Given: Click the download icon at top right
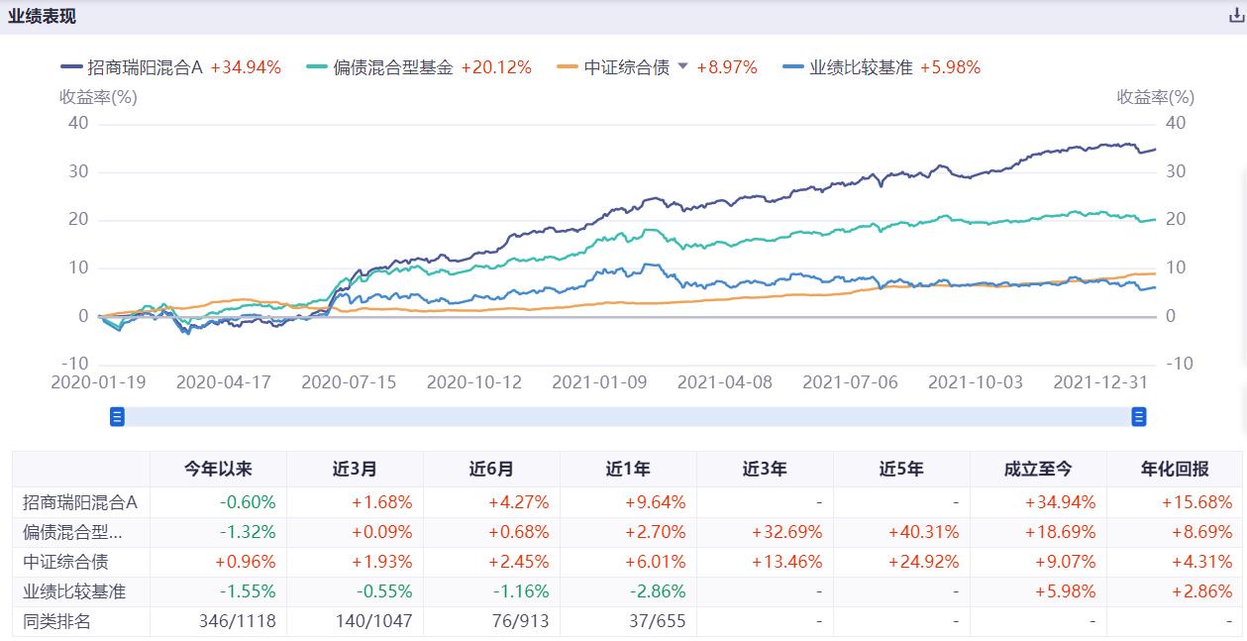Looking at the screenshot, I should [1235, 16].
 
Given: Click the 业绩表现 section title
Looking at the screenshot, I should [42, 16].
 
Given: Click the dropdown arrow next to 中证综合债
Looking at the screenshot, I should [681, 66].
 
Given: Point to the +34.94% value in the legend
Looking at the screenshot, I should [246, 67].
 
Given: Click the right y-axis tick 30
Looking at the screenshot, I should [1176, 171].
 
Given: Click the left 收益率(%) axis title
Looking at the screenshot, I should [98, 97].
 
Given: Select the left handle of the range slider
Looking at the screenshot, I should [117, 417].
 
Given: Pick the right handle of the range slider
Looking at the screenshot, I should [1139, 417].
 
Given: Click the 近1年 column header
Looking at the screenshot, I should [628, 469].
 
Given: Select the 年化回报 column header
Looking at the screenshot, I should [1175, 469].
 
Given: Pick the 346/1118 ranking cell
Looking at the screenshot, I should [238, 621].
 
